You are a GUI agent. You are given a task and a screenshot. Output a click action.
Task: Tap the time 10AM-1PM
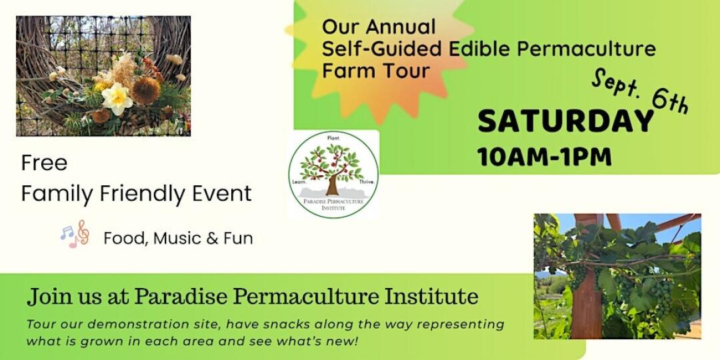point(545,157)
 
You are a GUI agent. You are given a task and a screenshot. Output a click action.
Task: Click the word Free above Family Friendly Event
point(44,163)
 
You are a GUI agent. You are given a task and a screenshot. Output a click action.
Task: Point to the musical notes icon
point(75,234)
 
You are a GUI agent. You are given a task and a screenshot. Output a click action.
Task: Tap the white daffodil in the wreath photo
point(117,98)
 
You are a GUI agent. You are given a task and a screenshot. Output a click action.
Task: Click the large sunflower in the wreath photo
point(146,90)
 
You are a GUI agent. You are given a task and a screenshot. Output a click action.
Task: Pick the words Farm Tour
point(375,71)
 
